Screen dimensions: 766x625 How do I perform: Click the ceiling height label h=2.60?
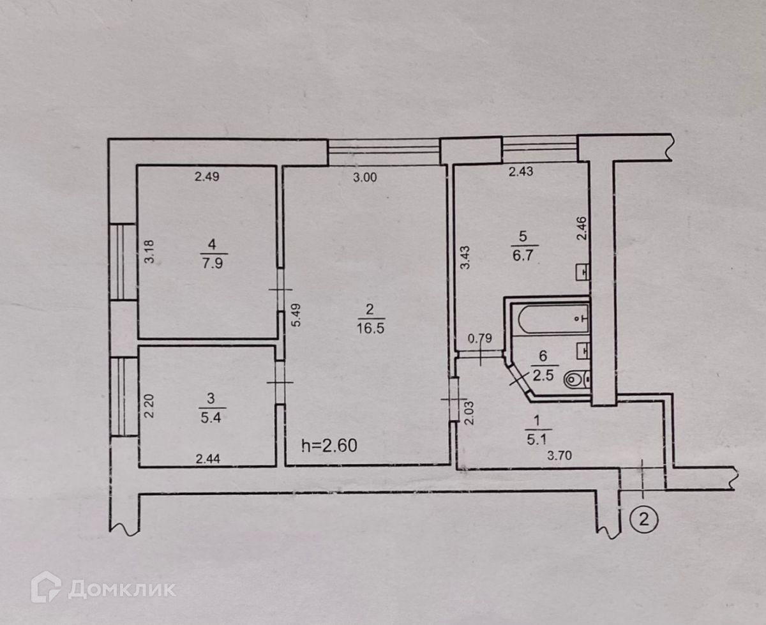pyautogui.click(x=329, y=445)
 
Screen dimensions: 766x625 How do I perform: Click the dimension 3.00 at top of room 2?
pyautogui.click(x=364, y=179)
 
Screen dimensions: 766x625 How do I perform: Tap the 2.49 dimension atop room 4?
pyautogui.click(x=207, y=178)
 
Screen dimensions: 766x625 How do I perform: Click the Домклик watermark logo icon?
pyautogui.click(x=46, y=587)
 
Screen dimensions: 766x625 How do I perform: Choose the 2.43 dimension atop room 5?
pyautogui.click(x=521, y=170)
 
